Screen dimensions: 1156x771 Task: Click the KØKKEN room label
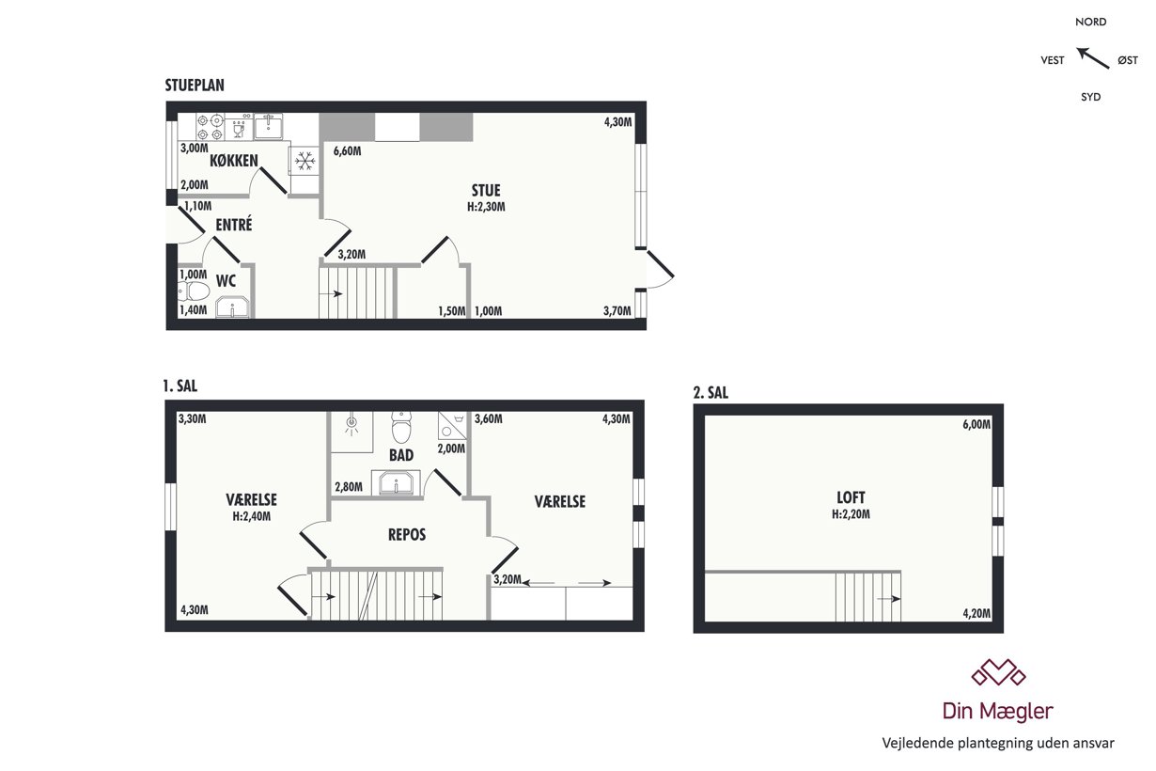tap(234, 161)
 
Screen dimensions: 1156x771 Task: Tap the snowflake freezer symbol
tap(305, 161)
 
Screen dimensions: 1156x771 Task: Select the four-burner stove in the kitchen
tap(210, 127)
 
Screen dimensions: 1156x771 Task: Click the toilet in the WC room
tap(194, 291)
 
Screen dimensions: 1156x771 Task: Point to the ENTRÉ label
tap(234, 225)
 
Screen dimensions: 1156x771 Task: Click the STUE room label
tap(486, 191)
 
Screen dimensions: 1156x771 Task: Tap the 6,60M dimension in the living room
tap(348, 151)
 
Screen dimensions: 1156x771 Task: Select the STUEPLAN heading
tap(195, 86)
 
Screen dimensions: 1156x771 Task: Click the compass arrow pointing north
tap(1092, 58)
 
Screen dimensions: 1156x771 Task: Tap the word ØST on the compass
tap(1128, 60)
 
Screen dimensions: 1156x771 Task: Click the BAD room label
tap(401, 455)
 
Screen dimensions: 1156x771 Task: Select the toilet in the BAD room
tap(401, 427)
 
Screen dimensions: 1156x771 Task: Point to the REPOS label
tap(407, 534)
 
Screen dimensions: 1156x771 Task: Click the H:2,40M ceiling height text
tap(251, 516)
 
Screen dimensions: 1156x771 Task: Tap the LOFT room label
tap(851, 497)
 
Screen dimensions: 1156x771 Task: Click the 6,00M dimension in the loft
tap(976, 424)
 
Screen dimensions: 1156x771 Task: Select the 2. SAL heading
tap(711, 393)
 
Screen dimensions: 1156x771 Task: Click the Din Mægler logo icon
tap(998, 672)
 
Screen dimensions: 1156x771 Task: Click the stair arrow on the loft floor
tap(888, 599)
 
